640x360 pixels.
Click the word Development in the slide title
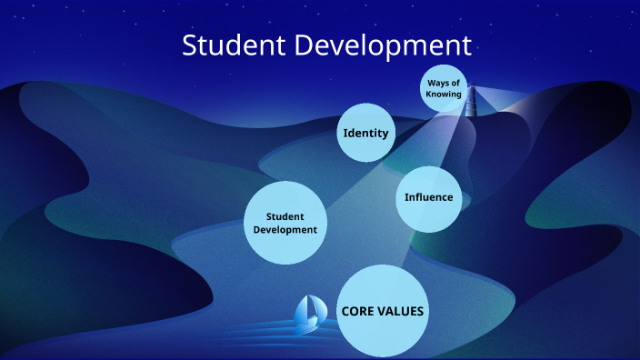[384, 45]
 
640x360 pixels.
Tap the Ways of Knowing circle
[445, 89]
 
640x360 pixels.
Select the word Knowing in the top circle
[445, 95]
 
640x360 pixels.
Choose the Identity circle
[365, 133]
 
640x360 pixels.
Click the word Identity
[365, 133]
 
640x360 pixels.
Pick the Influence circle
[428, 197]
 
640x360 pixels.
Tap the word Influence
[428, 197]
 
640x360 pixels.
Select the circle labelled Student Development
[285, 223]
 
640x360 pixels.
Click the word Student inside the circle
[284, 216]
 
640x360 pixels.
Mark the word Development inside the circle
[285, 230]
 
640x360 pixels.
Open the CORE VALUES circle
[383, 311]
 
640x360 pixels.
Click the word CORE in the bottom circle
[358, 311]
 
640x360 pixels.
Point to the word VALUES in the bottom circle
[401, 311]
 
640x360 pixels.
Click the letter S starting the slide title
[190, 45]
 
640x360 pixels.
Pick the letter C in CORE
[345, 311]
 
